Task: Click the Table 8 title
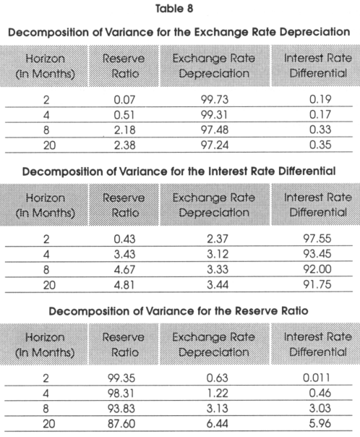(174, 9)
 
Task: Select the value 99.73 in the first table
(215, 100)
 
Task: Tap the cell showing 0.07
(124, 100)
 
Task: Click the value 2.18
(124, 130)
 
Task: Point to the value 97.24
(215, 145)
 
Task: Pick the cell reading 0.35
(320, 145)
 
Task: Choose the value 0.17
(320, 114)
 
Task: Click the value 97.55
(317, 239)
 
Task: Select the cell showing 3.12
(218, 254)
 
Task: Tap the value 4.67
(124, 269)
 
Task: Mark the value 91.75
(317, 284)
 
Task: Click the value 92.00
(317, 269)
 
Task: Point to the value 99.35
(121, 378)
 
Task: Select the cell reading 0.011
(317, 378)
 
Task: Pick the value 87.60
(121, 424)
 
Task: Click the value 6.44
(217, 424)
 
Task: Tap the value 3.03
(320, 408)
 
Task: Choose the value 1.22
(217, 394)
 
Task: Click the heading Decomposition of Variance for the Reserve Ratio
(179, 311)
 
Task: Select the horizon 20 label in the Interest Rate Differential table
(49, 285)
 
